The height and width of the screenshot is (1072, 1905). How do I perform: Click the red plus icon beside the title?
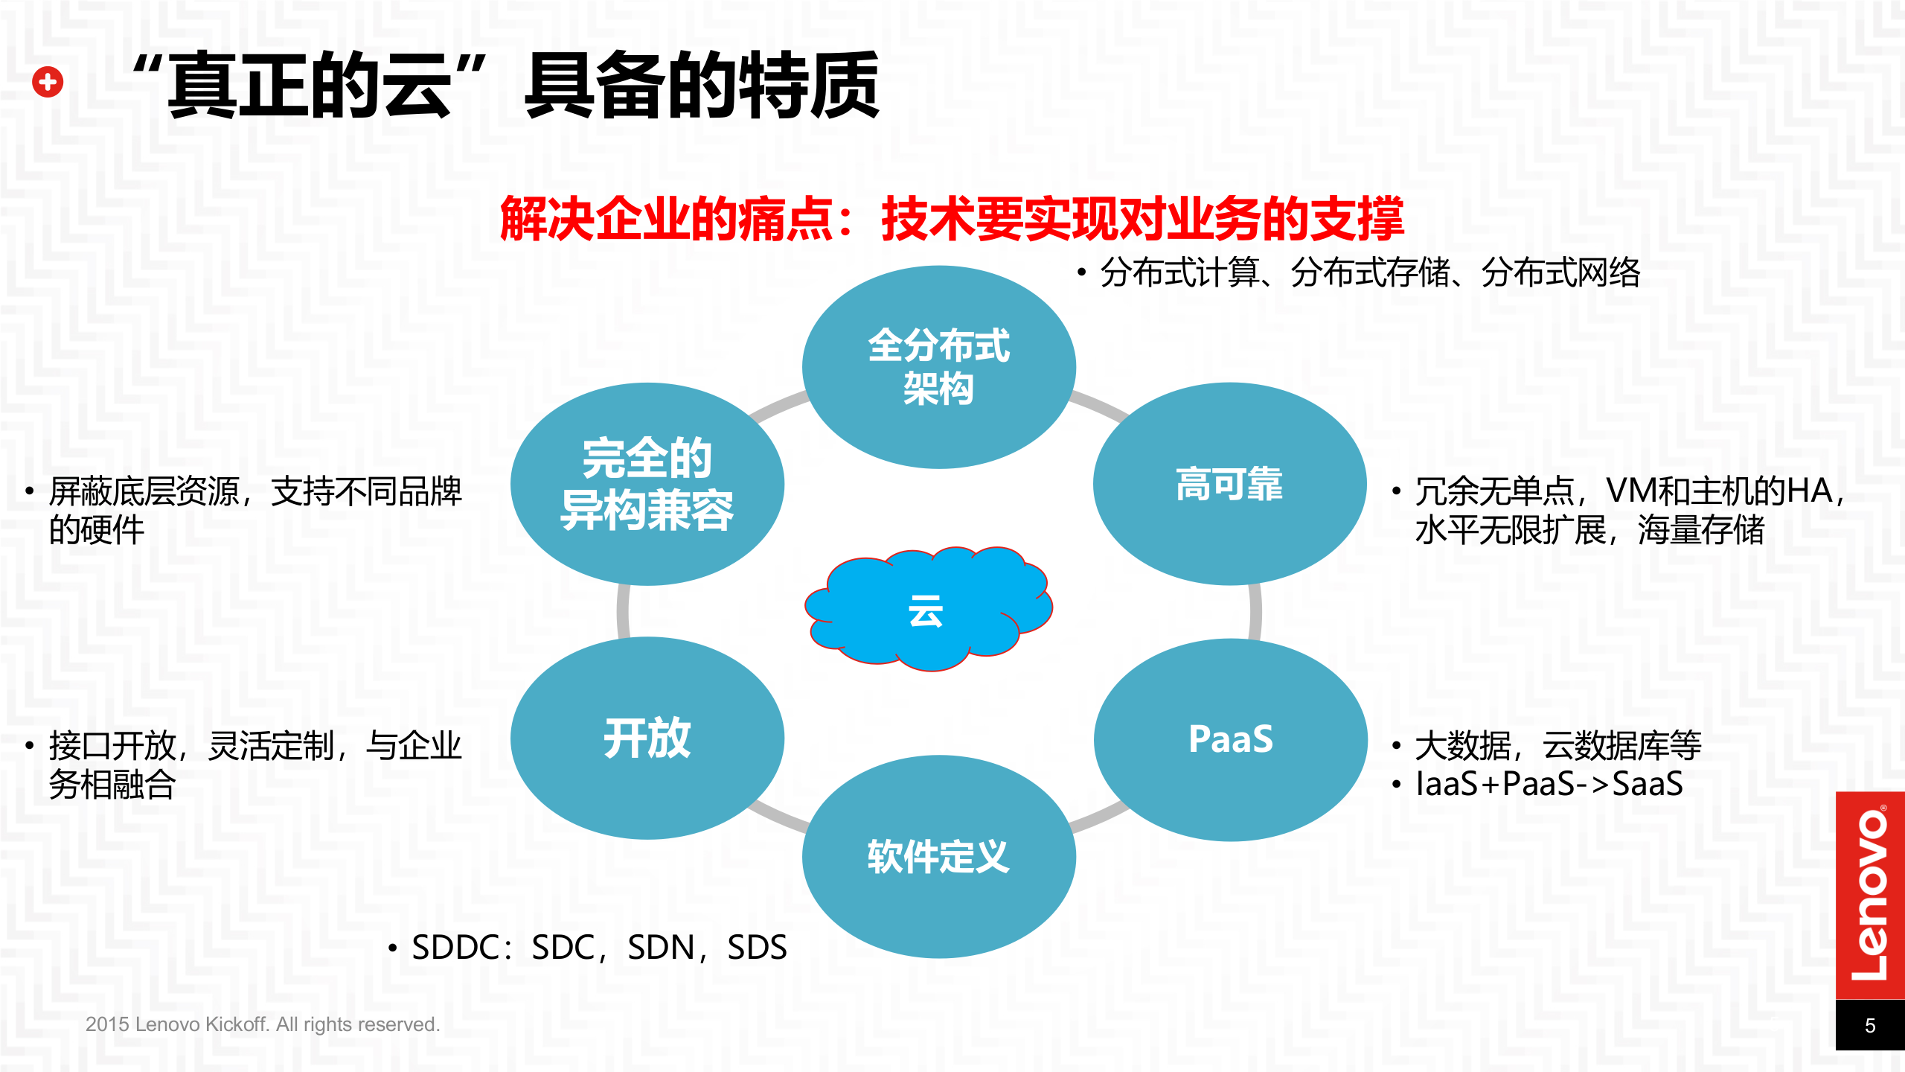tap(48, 82)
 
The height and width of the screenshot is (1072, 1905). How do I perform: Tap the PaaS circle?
tap(1230, 739)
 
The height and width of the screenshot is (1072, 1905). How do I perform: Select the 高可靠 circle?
tap(1229, 484)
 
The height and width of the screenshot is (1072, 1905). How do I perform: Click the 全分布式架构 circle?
tap(938, 367)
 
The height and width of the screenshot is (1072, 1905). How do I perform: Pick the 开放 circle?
tap(647, 738)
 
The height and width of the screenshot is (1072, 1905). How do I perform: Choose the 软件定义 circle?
tap(938, 856)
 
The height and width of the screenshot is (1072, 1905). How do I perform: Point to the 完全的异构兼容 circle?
tap(647, 484)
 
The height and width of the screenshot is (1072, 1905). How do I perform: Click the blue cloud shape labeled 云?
tap(926, 610)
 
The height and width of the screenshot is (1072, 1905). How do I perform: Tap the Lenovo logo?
tap(1869, 894)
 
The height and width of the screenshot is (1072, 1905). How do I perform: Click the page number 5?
tap(1869, 1026)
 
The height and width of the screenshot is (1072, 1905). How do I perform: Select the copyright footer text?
tap(263, 1024)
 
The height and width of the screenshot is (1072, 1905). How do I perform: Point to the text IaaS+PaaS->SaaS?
tap(1549, 784)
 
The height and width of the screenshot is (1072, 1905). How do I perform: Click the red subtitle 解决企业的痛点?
tap(666, 220)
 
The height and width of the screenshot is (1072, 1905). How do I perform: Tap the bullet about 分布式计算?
tap(1369, 272)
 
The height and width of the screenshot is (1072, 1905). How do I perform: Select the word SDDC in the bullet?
tap(455, 948)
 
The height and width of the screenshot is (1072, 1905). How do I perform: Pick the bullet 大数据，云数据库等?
tap(1557, 745)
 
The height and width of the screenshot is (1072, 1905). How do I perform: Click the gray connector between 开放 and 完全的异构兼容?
tap(624, 611)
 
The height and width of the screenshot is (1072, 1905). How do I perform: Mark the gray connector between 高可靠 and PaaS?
tap(1255, 611)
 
